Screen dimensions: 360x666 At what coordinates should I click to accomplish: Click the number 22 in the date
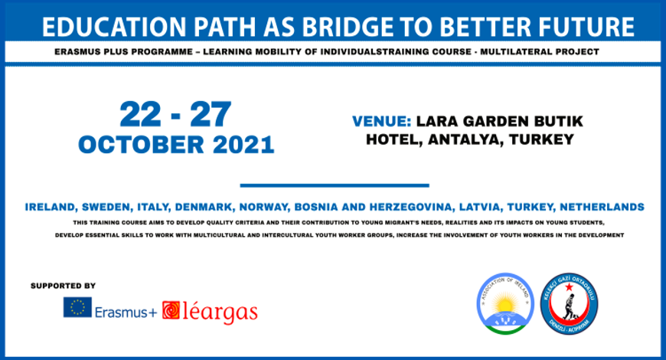tap(142, 116)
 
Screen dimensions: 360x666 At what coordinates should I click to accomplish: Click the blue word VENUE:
tap(382, 123)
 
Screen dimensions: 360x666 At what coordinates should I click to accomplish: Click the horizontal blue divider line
tap(334, 185)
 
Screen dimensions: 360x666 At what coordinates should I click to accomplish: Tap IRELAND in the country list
tap(51, 208)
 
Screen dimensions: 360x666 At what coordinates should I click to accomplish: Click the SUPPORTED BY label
tap(63, 286)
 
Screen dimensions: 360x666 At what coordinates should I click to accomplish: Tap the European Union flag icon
tap(77, 308)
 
